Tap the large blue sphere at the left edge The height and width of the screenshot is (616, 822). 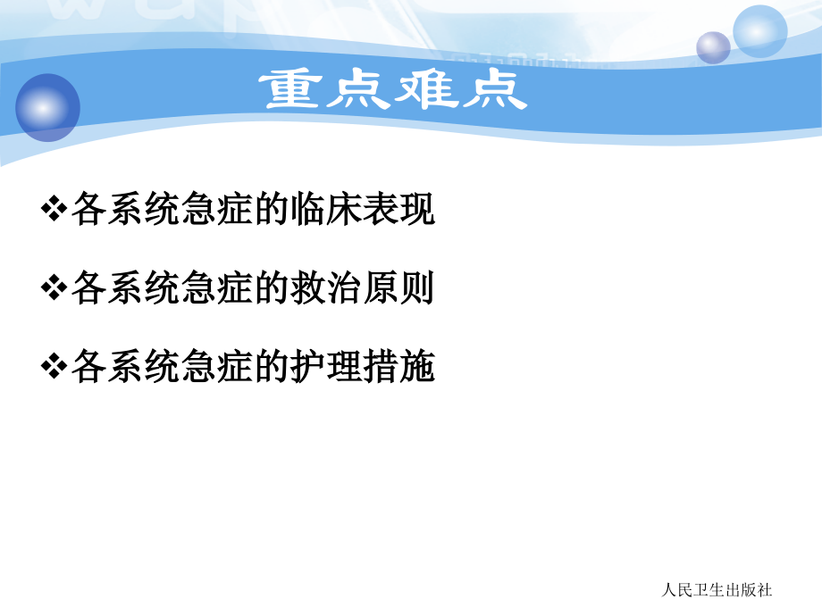(46, 107)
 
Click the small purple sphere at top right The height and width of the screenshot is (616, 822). (713, 47)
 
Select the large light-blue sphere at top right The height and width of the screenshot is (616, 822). (759, 31)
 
